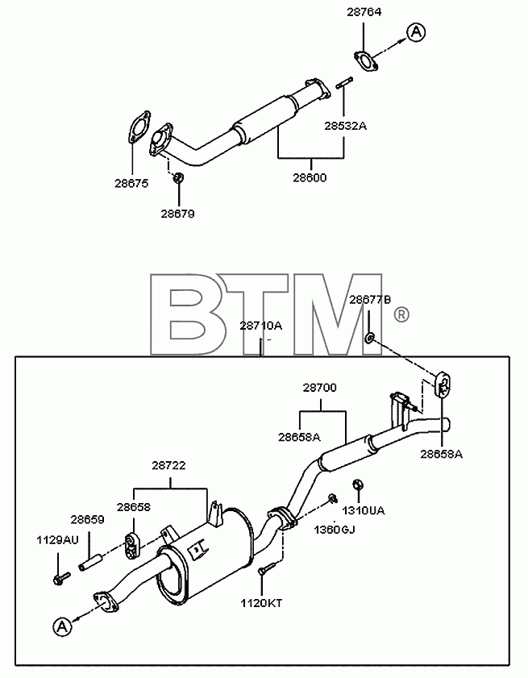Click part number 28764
pyautogui.click(x=364, y=11)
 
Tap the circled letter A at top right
pyautogui.click(x=416, y=32)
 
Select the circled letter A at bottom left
pyautogui.click(x=63, y=626)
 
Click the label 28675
pyautogui.click(x=131, y=183)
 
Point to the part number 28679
pyautogui.click(x=177, y=214)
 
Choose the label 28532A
pyautogui.click(x=346, y=126)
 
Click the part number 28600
pyautogui.click(x=310, y=177)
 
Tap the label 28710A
pyautogui.click(x=260, y=325)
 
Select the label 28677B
pyautogui.click(x=370, y=300)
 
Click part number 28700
pyautogui.click(x=320, y=388)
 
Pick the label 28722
pyautogui.click(x=168, y=465)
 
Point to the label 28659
pyautogui.click(x=87, y=519)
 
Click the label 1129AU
pyautogui.click(x=57, y=540)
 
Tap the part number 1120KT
pyautogui.click(x=261, y=603)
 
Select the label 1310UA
pyautogui.click(x=364, y=510)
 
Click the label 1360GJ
pyautogui.click(x=335, y=529)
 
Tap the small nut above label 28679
pyautogui.click(x=178, y=177)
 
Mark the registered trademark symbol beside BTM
pyautogui.click(x=401, y=314)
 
